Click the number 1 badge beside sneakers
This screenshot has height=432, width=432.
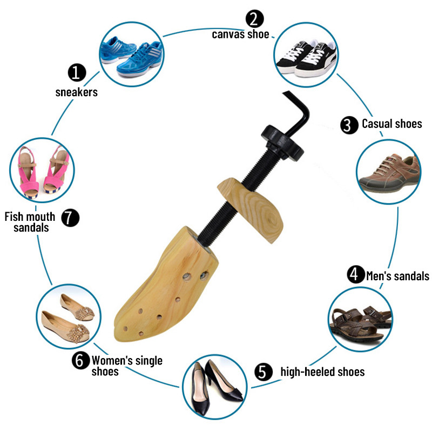pyautogui.click(x=77, y=72)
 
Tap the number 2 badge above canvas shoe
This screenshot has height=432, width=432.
pyautogui.click(x=254, y=19)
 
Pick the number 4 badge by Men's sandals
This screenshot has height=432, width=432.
pyautogui.click(x=355, y=274)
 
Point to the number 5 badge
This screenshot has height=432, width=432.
pyautogui.click(x=262, y=372)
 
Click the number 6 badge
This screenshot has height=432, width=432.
pyautogui.click(x=80, y=361)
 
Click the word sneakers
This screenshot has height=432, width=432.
pyautogui.click(x=77, y=92)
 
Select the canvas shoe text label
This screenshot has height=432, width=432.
pyautogui.click(x=240, y=34)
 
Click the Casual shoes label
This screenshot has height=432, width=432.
pyautogui.click(x=391, y=124)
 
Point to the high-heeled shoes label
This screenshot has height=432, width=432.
pyautogui.click(x=322, y=372)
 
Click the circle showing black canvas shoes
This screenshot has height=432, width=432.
pyautogui.click(x=306, y=54)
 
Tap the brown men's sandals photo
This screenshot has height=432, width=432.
pyautogui.click(x=360, y=321)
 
